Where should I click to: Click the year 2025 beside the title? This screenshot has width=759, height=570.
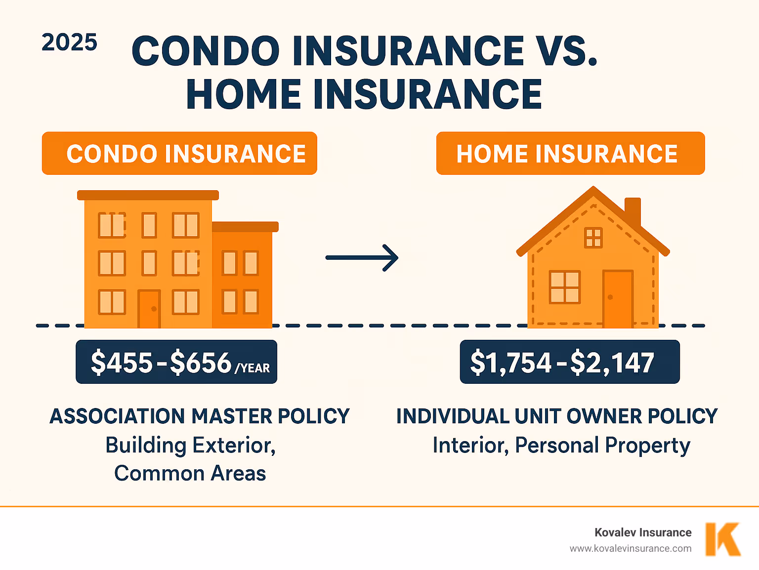click(x=69, y=43)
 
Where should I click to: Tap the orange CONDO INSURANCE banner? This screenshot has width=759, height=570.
click(x=179, y=153)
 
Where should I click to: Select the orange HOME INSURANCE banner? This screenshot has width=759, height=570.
click(x=570, y=153)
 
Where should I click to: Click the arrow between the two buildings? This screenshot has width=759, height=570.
click(x=362, y=257)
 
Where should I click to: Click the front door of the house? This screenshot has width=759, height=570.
click(x=617, y=298)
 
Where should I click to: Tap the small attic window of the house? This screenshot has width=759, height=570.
click(x=593, y=238)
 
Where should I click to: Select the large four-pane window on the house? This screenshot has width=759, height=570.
click(x=565, y=287)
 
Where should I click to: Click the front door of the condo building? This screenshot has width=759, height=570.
click(x=149, y=309)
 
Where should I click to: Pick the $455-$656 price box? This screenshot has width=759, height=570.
click(x=176, y=362)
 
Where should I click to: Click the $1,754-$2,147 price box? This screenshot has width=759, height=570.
click(x=569, y=362)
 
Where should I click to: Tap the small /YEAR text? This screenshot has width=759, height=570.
click(x=253, y=368)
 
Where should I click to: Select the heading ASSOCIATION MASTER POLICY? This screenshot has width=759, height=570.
click(x=200, y=416)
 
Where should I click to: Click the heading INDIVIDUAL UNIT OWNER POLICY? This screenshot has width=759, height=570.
click(x=557, y=416)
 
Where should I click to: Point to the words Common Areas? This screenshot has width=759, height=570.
click(x=190, y=473)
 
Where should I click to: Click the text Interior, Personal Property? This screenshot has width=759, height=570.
click(x=561, y=445)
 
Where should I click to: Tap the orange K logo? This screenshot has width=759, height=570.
click(x=722, y=539)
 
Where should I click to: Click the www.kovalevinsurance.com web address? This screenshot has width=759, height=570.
click(x=631, y=549)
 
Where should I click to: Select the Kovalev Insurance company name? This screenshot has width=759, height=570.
click(x=643, y=532)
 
